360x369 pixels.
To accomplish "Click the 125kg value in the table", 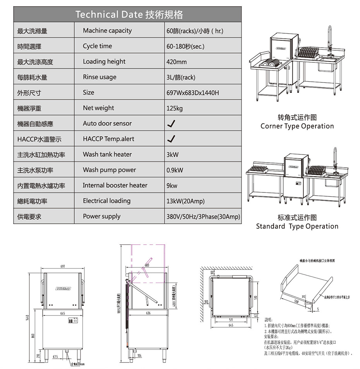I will tap(174, 108).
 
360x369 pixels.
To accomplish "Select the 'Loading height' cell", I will tap(104, 62).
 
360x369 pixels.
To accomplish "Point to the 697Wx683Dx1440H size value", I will tap(192, 93).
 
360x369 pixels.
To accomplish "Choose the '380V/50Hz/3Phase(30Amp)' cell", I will tap(203, 216).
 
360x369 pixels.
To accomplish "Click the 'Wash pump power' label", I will tap(109, 170).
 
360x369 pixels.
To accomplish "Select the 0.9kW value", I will tap(175, 170).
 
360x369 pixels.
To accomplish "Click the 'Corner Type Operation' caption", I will tap(297, 126).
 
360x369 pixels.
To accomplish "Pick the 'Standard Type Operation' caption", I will tap(297, 226).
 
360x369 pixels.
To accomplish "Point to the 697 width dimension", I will tap(63, 267).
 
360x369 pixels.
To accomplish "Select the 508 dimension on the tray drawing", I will tap(296, 299).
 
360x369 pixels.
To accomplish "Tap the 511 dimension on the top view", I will tap(231, 320).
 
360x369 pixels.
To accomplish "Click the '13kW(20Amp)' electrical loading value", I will tap(185, 201).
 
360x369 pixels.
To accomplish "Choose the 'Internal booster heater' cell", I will tap(115, 185).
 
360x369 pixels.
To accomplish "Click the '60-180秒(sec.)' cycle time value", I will tap(185, 46).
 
